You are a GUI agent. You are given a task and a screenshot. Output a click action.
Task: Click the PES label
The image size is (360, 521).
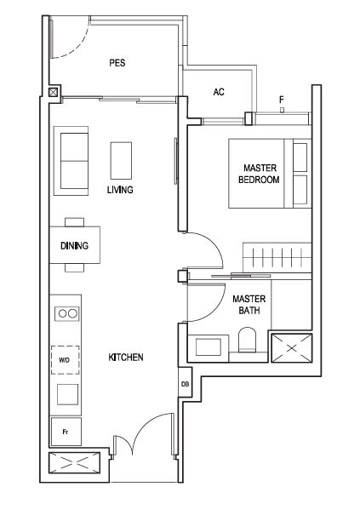tap(117, 62)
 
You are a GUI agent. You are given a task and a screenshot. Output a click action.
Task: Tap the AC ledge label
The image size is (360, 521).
tap(219, 92)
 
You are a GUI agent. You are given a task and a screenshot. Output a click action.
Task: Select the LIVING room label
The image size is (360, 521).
tap(120, 190)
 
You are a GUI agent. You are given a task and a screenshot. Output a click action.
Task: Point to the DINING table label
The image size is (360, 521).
tap(74, 245)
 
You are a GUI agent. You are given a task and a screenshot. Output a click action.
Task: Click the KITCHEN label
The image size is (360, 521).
tap(126, 358)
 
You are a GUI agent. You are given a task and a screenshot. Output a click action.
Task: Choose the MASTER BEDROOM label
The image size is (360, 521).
tap(259, 174)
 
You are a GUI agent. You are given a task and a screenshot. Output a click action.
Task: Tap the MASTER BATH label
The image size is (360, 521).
tap(249, 305)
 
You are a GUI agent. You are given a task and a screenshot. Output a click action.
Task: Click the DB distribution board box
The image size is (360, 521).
tap(185, 384)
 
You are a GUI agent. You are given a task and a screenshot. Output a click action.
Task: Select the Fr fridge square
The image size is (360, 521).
tap(66, 432)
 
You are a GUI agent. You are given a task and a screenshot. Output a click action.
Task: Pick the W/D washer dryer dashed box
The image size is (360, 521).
tap(65, 360)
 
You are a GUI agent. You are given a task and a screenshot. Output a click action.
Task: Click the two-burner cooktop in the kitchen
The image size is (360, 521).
tap(67, 313)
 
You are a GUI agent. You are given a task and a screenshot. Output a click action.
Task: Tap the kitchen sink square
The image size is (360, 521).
tap(67, 394)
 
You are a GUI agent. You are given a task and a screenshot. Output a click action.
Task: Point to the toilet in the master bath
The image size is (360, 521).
tap(248, 340)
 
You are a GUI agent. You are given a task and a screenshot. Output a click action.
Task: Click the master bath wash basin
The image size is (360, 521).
tap(209, 347)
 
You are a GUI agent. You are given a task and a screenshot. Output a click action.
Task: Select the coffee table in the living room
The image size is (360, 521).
tap(121, 161)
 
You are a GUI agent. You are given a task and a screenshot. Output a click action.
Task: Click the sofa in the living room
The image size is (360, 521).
tap(71, 161)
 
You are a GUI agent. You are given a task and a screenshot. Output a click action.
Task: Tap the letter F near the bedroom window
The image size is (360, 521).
tap(282, 100)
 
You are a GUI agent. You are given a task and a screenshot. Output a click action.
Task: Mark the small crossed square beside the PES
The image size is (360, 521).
tap(53, 92)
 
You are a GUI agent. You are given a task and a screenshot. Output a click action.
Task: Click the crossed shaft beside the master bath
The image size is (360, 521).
tap(292, 348)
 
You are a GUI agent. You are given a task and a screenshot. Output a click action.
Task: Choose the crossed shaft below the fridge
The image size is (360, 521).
tap(74, 462)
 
